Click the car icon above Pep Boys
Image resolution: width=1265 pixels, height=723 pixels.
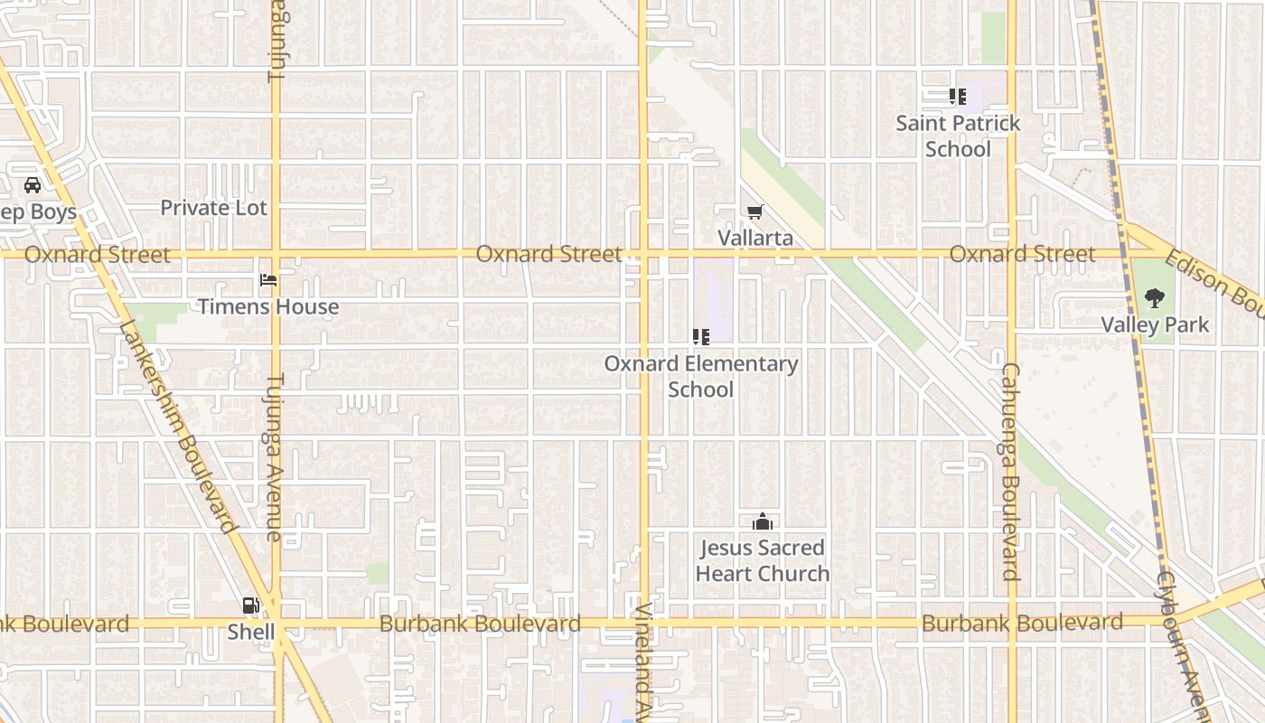33,185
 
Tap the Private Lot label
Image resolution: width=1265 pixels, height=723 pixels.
214,208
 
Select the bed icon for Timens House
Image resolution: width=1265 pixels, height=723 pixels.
268,280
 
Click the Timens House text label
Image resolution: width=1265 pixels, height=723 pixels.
268,307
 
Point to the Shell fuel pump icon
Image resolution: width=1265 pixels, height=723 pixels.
250,606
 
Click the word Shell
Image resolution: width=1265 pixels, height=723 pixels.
250,632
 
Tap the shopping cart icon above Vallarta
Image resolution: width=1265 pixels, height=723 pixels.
755,211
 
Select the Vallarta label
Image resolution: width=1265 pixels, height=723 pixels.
755,238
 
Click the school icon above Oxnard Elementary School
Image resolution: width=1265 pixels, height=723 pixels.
700,337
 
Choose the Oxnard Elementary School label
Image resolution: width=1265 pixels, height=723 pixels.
701,377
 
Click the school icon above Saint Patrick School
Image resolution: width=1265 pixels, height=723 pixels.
958,96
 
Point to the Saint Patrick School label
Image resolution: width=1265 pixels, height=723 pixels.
958,136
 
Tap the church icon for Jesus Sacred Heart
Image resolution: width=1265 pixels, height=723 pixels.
763,521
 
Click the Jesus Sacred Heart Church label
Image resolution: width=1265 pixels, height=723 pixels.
763,560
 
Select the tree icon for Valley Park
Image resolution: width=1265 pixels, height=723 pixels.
1154,297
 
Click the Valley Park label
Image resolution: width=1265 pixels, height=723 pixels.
1155,324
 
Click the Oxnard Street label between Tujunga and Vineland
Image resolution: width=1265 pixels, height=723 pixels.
548,254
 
